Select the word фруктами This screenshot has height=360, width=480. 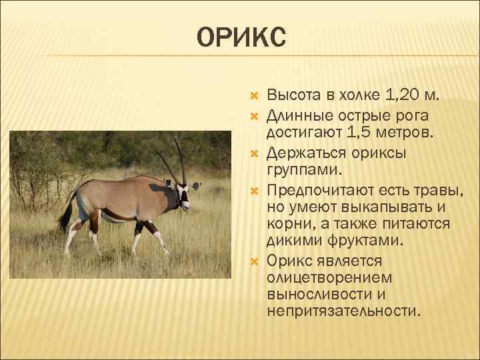pyautogui.click(x=359, y=240)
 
